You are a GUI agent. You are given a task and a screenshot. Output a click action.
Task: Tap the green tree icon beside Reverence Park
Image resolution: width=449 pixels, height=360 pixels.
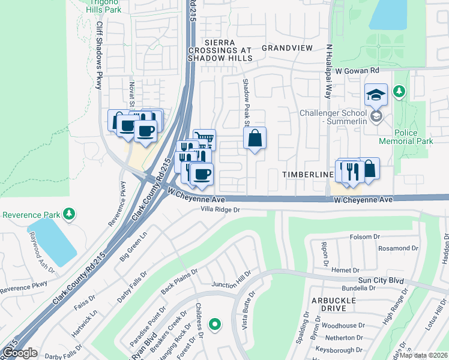coord(70,214)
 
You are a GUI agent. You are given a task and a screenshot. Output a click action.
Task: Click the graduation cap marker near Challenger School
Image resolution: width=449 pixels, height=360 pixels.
coord(376,95)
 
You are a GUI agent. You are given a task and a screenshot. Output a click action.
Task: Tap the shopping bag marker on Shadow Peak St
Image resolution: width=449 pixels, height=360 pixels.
coord(255,138)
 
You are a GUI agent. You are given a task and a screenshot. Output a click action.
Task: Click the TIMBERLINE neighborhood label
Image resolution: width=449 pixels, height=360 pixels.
coord(308,174)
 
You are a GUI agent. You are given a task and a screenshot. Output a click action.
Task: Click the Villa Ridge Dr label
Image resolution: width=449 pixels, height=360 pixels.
coord(220,210)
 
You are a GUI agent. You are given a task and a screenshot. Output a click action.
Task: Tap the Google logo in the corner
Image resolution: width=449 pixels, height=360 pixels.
coord(19,353)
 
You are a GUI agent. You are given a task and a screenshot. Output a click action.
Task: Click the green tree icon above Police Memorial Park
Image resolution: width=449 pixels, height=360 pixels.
coord(399,92)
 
